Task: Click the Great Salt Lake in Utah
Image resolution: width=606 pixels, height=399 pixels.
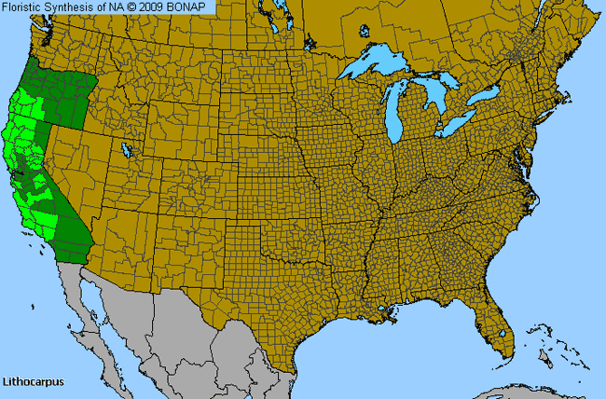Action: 126,149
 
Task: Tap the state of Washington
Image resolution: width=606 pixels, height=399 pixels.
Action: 65,42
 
